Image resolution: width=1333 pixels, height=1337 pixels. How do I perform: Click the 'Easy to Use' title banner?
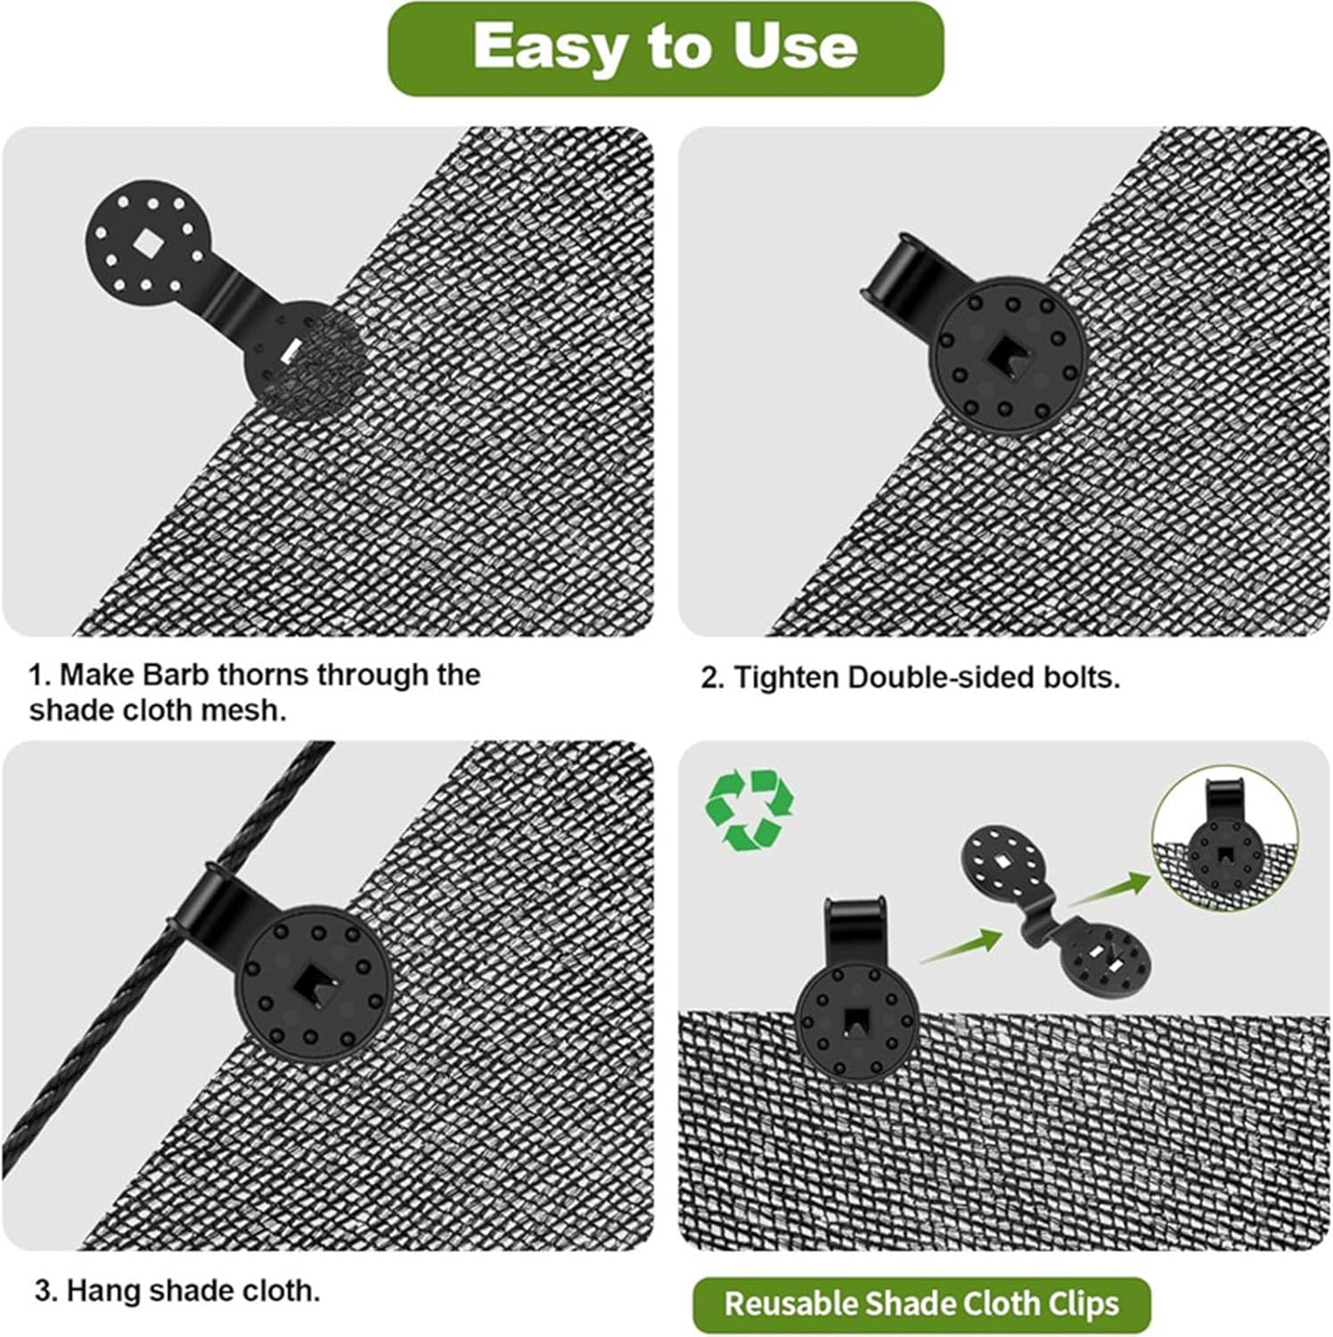tap(665, 48)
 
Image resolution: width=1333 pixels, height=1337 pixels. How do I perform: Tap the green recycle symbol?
tap(749, 809)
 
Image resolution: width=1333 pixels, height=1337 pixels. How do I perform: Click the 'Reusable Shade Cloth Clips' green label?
tap(920, 1304)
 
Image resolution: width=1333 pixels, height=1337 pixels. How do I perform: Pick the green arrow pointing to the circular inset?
tap(1108, 888)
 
